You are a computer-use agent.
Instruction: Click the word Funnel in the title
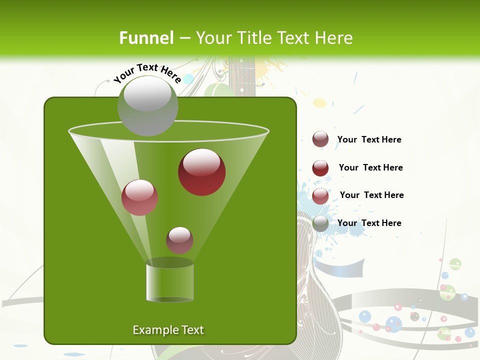click(146, 38)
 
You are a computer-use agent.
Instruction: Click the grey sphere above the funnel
click(147, 106)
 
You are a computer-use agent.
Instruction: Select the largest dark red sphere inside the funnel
click(201, 172)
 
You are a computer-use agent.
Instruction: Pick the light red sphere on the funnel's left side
click(140, 197)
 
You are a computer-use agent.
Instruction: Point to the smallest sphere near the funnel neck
click(179, 240)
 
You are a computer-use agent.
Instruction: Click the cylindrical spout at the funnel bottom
click(169, 282)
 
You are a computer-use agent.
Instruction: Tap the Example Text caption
click(168, 330)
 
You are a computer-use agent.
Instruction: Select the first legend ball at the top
click(320, 139)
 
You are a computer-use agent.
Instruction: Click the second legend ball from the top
click(320, 168)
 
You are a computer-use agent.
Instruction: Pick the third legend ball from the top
click(320, 196)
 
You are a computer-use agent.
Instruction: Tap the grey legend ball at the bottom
click(320, 223)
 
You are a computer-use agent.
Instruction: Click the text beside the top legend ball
click(369, 140)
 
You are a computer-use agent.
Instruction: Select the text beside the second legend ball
click(370, 168)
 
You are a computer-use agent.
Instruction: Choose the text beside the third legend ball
click(371, 195)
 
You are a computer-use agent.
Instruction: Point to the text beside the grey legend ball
click(369, 223)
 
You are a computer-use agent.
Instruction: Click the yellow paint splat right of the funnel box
click(319, 103)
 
